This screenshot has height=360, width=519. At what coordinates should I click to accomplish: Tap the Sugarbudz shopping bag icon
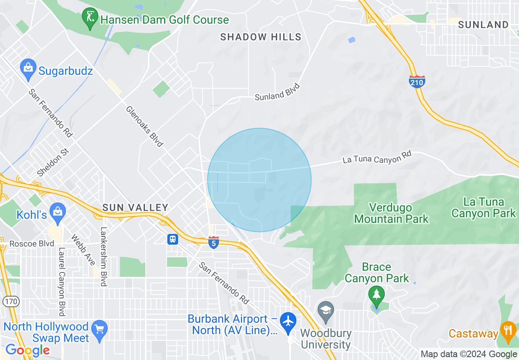tap(28, 70)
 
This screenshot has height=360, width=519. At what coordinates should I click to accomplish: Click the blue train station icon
tap(172, 239)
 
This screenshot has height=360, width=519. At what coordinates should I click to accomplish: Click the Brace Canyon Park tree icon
tap(376, 294)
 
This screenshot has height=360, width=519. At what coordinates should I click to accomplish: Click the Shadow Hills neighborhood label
tap(261, 37)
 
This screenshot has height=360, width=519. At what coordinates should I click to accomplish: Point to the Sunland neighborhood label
tap(483, 25)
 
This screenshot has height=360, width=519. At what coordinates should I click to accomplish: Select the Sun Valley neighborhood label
tap(135, 207)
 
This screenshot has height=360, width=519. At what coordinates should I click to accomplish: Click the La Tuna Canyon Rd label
tap(376, 157)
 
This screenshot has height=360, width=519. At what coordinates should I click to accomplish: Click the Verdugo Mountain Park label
tap(391, 213)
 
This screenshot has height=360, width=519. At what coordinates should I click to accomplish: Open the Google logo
tap(27, 350)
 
